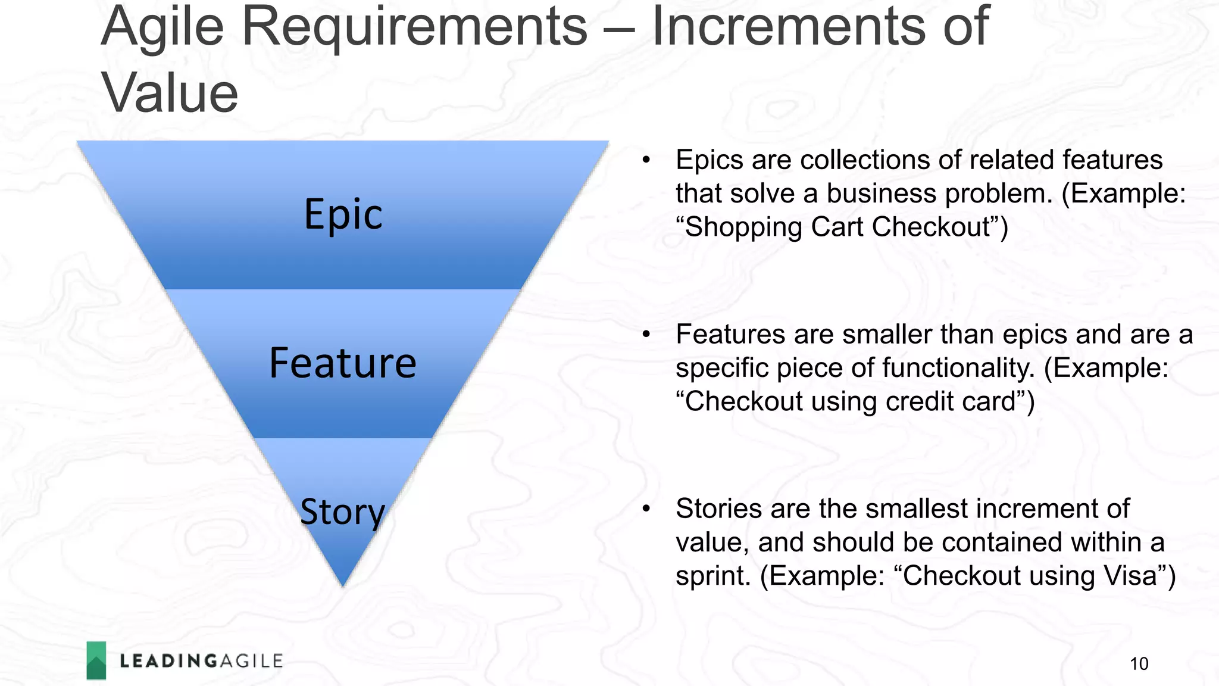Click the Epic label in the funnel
pos(343,214)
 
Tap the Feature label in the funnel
pos(343,363)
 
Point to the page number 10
pos(1139,663)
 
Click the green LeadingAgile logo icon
pos(96,660)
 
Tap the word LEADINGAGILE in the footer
pos(201,661)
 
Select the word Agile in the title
pos(162,27)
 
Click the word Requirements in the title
pos(415,27)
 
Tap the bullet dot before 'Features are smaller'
pos(646,334)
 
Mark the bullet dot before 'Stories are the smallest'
pos(646,509)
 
